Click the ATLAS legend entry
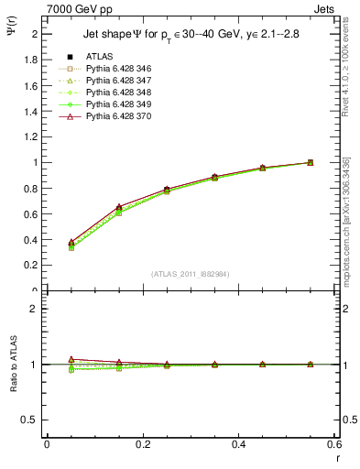(x=99, y=57)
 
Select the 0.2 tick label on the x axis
(x=142, y=444)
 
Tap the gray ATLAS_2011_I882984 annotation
(x=190, y=273)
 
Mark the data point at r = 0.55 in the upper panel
(x=311, y=162)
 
